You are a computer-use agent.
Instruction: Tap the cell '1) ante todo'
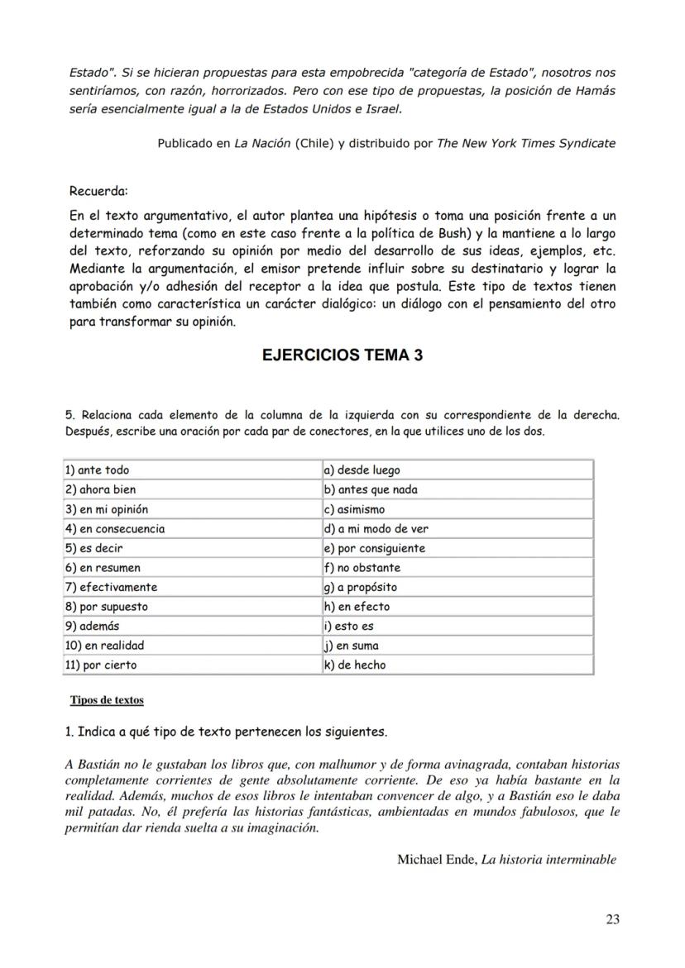click(192, 470)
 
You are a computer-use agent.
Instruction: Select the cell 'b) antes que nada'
click(457, 489)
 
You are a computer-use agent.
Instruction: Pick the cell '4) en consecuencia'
click(192, 528)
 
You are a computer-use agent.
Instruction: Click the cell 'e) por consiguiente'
click(457, 548)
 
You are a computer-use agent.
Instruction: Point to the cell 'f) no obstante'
click(457, 568)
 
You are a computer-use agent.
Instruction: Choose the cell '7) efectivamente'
click(192, 587)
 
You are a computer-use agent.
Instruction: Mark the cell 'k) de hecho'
click(457, 665)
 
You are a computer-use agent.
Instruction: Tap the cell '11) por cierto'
click(192, 665)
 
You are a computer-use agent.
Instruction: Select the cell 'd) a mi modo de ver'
click(457, 528)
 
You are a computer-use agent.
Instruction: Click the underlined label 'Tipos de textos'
click(107, 700)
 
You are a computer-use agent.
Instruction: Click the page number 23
click(612, 918)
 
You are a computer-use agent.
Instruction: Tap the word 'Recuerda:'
click(98, 192)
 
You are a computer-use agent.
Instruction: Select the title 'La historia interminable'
click(548, 860)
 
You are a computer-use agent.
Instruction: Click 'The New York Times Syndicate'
click(526, 143)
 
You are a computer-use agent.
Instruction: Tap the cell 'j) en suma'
click(457, 646)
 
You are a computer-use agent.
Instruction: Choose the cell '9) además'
click(192, 626)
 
